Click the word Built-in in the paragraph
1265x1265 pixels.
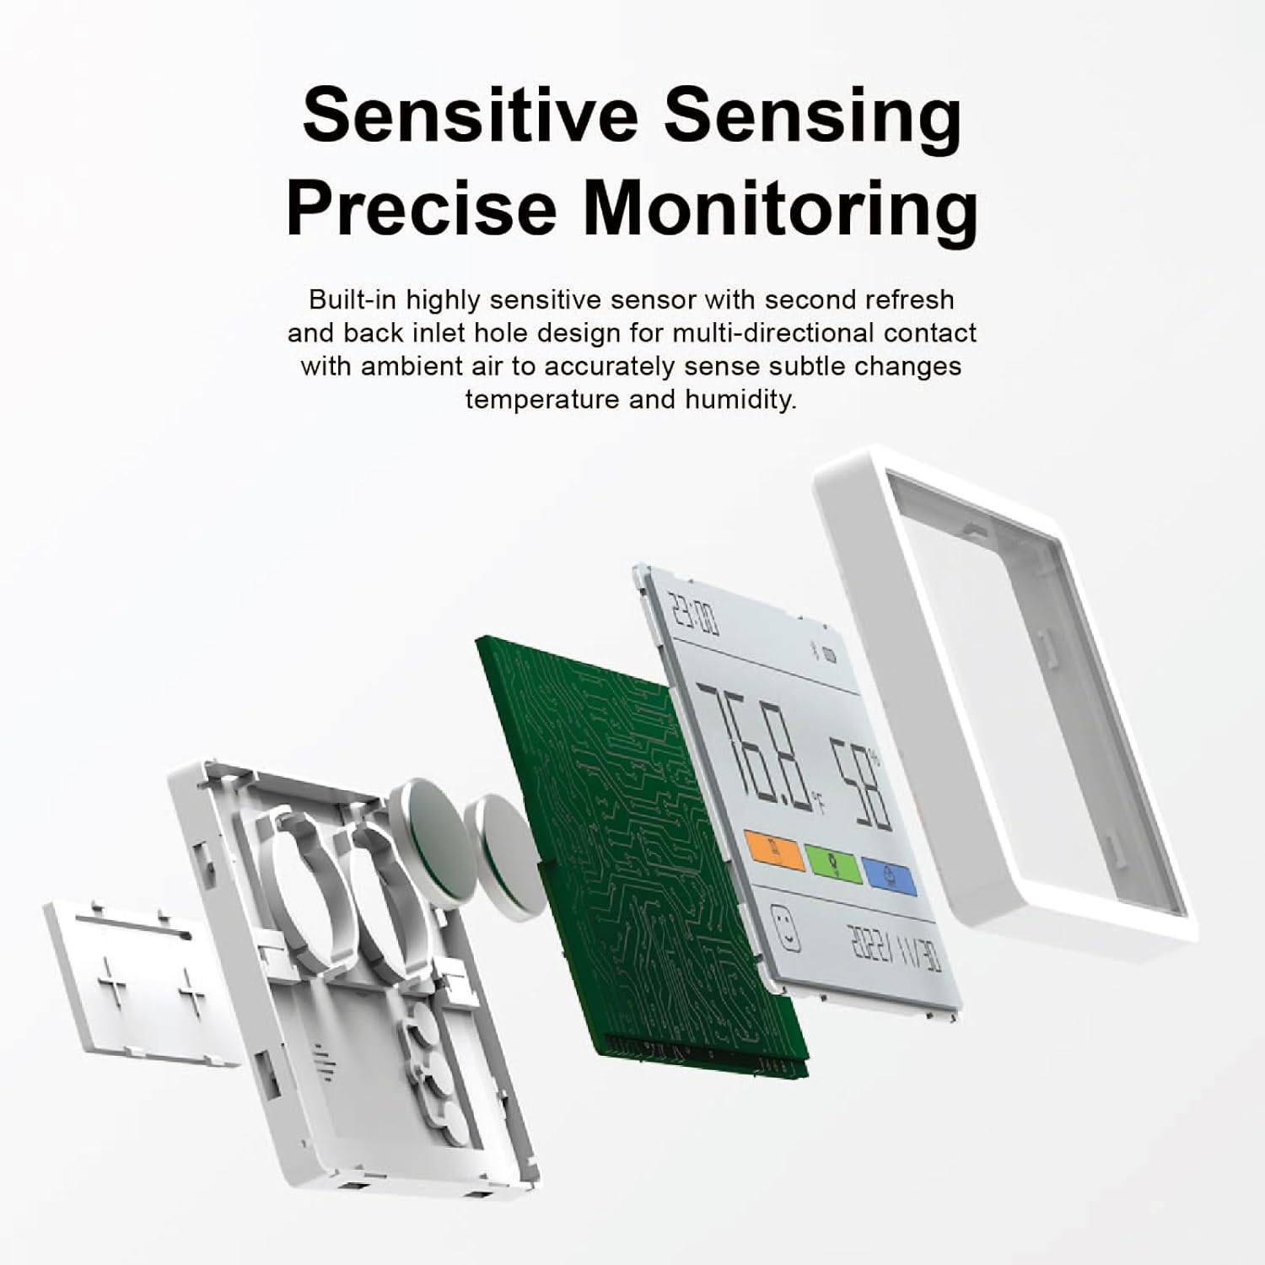pyautogui.click(x=353, y=299)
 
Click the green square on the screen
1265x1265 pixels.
pyautogui.click(x=833, y=865)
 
